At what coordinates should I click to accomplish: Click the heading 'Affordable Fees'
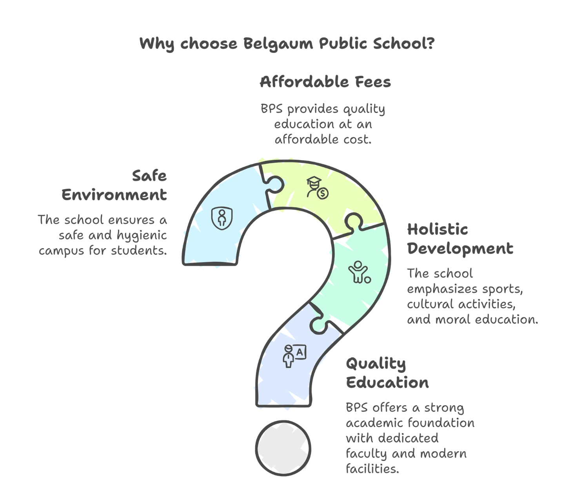pyautogui.click(x=325, y=82)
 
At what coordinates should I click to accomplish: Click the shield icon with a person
pyautogui.click(x=221, y=218)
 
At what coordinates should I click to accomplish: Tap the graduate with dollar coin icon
pyautogui.click(x=317, y=187)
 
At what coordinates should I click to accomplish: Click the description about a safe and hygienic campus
pyautogui.click(x=104, y=235)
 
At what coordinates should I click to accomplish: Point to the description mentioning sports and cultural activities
pyautogui.click(x=470, y=297)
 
